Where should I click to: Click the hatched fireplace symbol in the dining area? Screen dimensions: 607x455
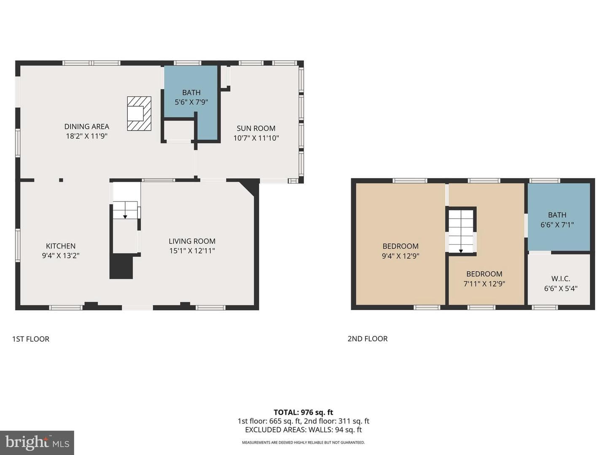pos(139,114)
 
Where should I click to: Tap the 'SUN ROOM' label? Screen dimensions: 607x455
pos(256,128)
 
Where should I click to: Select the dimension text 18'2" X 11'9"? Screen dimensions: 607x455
pos(86,136)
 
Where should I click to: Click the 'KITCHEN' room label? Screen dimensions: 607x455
pos(61,246)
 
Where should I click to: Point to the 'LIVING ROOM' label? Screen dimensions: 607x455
pos(192,241)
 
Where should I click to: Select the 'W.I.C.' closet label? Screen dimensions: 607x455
pos(561,278)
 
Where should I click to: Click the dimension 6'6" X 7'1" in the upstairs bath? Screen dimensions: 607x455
pos(557,225)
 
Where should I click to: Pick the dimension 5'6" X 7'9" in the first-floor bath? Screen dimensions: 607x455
pos(191,102)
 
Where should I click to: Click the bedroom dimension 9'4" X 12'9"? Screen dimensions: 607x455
pos(400,256)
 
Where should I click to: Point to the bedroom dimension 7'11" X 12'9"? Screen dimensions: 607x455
pos(484,284)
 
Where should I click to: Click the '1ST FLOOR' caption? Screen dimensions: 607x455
pos(31,339)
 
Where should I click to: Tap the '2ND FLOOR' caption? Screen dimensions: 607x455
pos(368,339)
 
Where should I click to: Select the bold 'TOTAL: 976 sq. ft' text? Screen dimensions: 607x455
pos(303,412)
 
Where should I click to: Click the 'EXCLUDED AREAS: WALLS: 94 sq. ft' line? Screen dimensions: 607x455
pos(303,430)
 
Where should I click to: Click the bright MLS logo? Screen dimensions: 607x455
pos(37,443)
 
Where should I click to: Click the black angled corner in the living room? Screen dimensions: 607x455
pos(250,188)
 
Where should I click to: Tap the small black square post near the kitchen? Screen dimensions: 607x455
pos(61,180)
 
